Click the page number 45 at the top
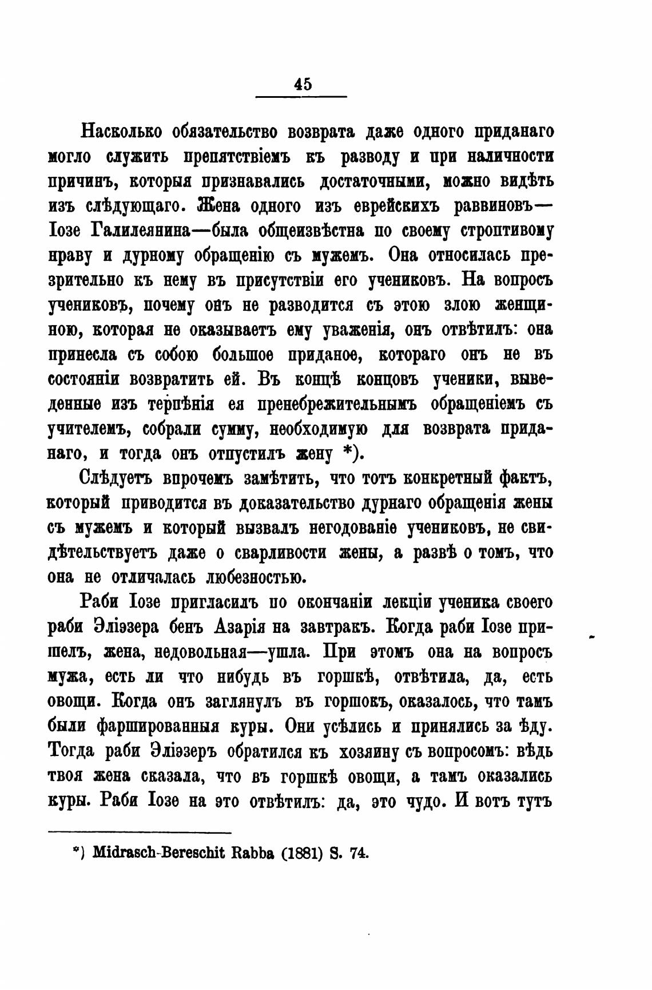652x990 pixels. tap(303, 85)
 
